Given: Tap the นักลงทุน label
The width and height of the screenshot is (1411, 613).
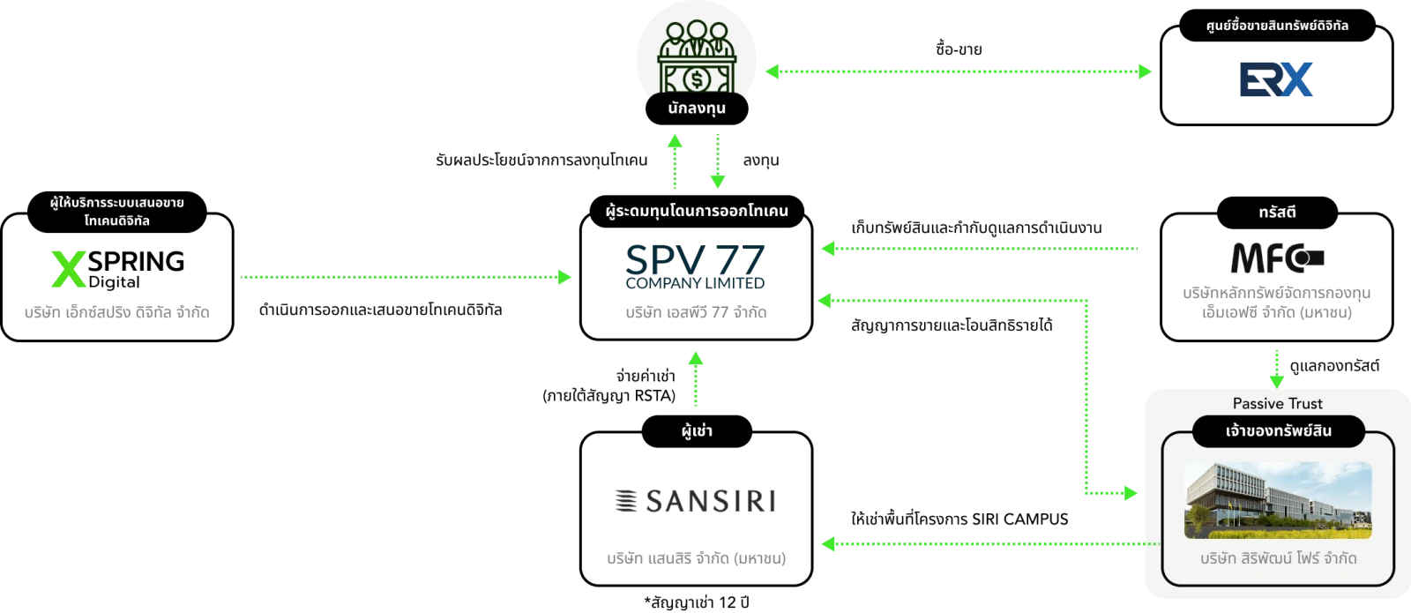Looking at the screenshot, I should click(x=697, y=108).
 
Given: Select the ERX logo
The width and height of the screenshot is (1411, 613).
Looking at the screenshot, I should click(x=1276, y=78).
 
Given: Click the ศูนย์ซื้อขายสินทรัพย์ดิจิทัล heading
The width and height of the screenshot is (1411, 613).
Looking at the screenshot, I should click(x=1277, y=26).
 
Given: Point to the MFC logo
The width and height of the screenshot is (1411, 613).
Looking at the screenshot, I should click(x=1276, y=258).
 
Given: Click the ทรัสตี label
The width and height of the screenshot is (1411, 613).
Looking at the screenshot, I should click(x=1277, y=212).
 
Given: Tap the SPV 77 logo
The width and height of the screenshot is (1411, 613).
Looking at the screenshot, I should click(x=695, y=265).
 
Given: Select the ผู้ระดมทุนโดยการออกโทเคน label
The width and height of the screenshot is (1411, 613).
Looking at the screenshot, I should click(x=697, y=212).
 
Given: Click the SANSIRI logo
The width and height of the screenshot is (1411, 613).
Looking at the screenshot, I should click(x=695, y=501).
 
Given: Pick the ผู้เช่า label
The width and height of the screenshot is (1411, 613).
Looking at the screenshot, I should click(x=697, y=431).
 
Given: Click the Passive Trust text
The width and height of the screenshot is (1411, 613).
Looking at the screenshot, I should click(x=1277, y=403).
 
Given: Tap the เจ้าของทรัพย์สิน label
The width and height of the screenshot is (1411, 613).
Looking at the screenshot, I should click(x=1278, y=431).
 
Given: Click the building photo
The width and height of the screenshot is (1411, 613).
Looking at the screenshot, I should click(x=1277, y=500).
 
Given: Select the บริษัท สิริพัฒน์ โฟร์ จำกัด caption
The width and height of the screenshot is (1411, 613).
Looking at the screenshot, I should click(x=1278, y=558).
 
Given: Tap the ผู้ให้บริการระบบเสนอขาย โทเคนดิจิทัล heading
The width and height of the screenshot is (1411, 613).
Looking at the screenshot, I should click(x=116, y=212).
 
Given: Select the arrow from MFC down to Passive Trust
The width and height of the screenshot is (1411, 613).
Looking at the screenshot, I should click(x=1276, y=368).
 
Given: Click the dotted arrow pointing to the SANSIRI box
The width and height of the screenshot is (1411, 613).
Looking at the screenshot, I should click(x=988, y=543).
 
